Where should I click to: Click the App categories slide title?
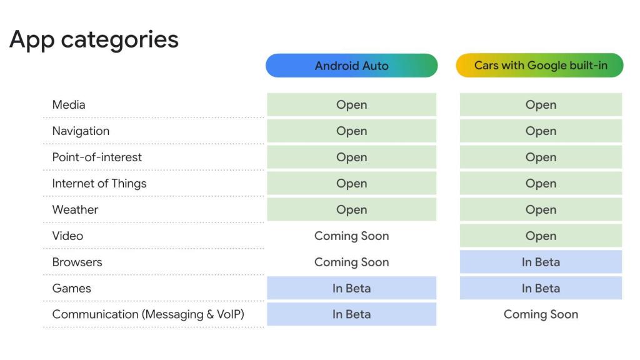coord(94,39)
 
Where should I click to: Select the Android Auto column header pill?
coord(351,66)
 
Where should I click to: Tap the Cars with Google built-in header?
coord(540,66)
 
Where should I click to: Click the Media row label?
coord(69,105)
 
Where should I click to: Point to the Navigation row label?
coord(81,131)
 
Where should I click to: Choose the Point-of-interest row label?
coord(97,157)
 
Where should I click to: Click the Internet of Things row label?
coord(99,184)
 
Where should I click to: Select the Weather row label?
coord(75,210)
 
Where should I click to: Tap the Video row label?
coord(67,236)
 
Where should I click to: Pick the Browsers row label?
coord(77,262)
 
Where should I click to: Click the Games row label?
coord(71,289)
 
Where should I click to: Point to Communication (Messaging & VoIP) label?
coord(148,315)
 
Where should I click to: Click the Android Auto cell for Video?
coord(351,236)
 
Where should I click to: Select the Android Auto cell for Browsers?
coord(351,262)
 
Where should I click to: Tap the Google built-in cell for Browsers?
coord(541,262)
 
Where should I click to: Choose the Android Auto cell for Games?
coord(351,289)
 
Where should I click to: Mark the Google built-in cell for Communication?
coord(541,315)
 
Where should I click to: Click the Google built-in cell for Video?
coord(541,236)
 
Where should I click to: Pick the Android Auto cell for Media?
coord(351,105)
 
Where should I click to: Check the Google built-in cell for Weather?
coord(541,210)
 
